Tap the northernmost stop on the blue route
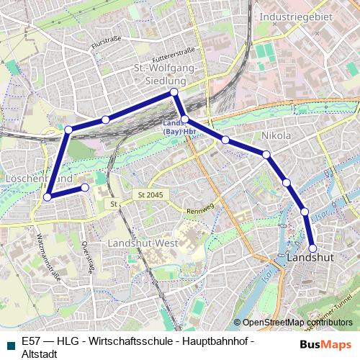(174, 93)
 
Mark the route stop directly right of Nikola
(266, 154)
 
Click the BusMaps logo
(325, 344)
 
